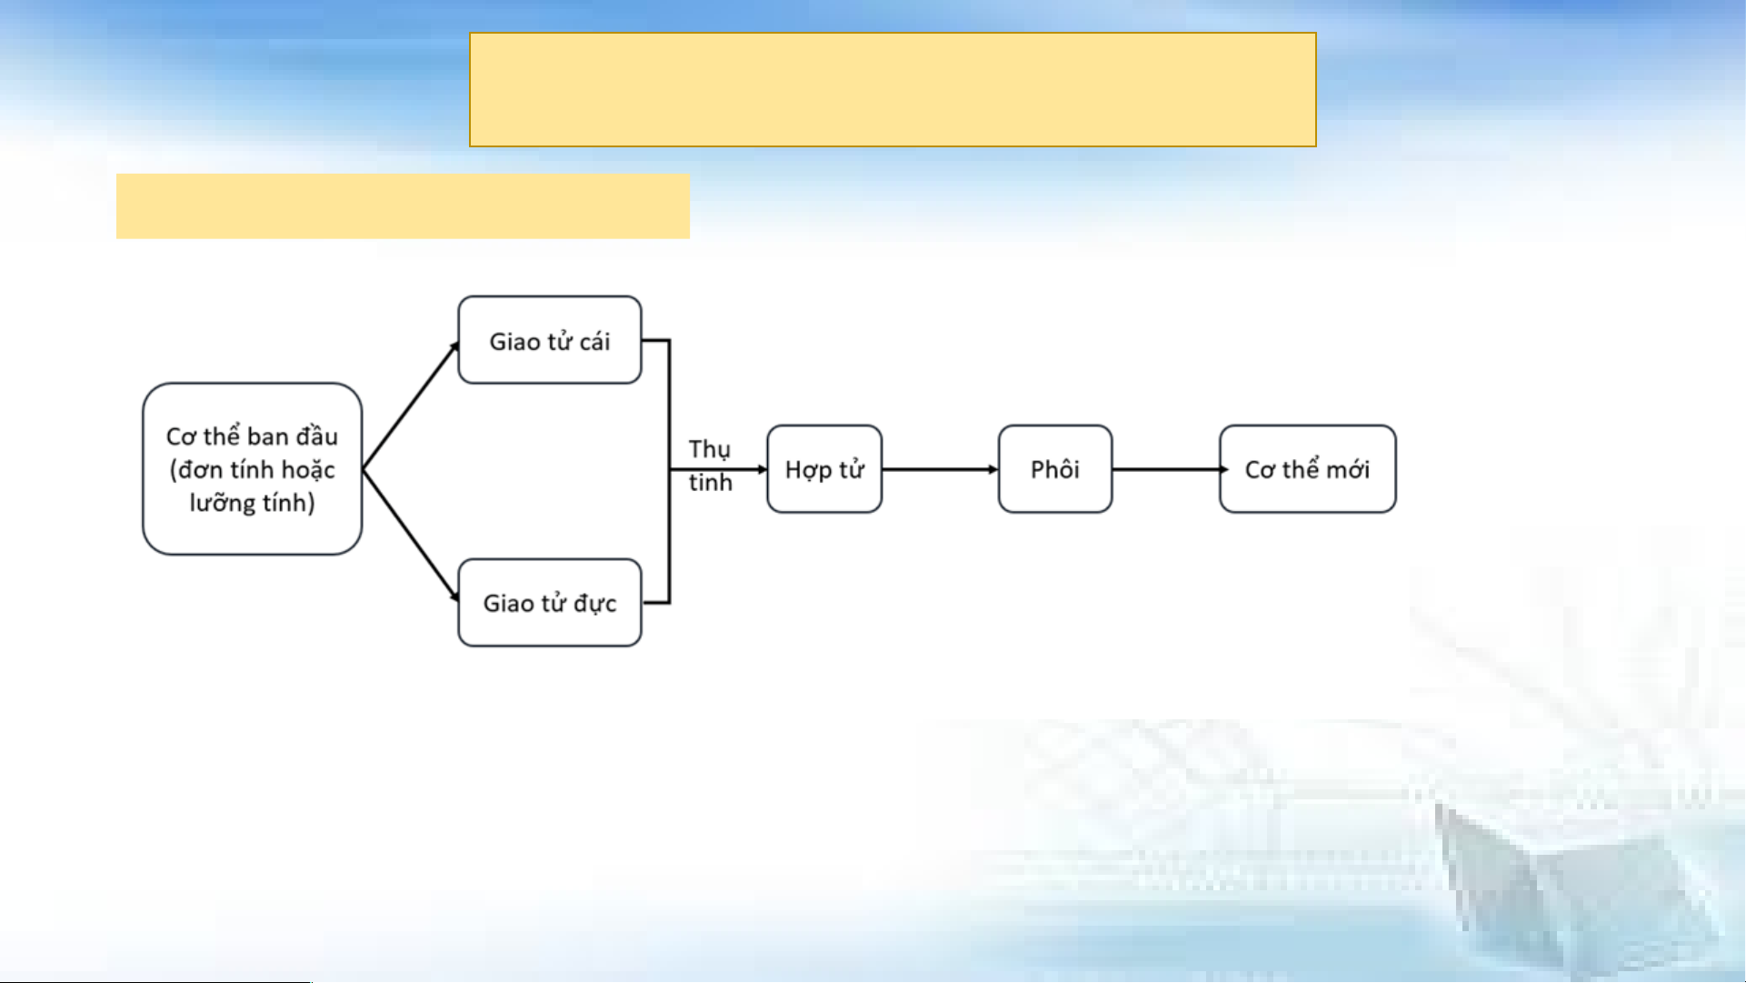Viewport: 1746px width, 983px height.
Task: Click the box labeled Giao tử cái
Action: point(550,340)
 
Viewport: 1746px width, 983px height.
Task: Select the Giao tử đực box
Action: point(550,603)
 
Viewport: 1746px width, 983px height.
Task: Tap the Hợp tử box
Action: point(824,469)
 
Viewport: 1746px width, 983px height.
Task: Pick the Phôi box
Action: point(1055,469)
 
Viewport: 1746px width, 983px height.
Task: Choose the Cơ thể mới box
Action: point(1308,469)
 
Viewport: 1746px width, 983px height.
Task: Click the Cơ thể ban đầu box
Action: point(253,469)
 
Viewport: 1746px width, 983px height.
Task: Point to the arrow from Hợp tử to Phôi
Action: point(940,469)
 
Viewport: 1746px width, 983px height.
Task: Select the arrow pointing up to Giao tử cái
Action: point(411,406)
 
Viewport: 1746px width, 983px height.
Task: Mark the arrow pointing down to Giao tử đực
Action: point(411,535)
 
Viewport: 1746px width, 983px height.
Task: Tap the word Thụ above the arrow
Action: point(709,450)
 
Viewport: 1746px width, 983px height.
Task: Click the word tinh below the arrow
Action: point(710,482)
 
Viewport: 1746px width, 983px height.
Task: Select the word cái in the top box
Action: point(594,342)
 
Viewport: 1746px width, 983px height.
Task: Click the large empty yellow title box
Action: point(893,90)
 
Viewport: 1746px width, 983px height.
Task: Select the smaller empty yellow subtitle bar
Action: point(403,206)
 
